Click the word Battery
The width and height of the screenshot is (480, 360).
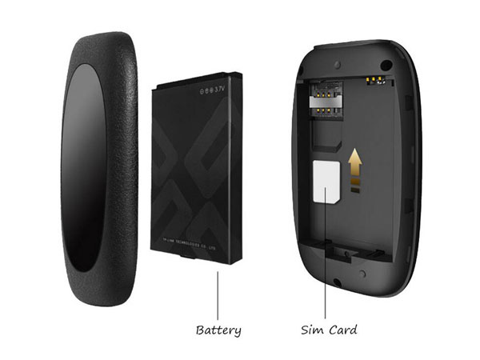click(x=218, y=329)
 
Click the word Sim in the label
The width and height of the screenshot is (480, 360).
click(x=313, y=329)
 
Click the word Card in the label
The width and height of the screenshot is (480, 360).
click(x=342, y=329)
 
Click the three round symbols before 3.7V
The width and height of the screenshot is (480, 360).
click(x=202, y=88)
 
